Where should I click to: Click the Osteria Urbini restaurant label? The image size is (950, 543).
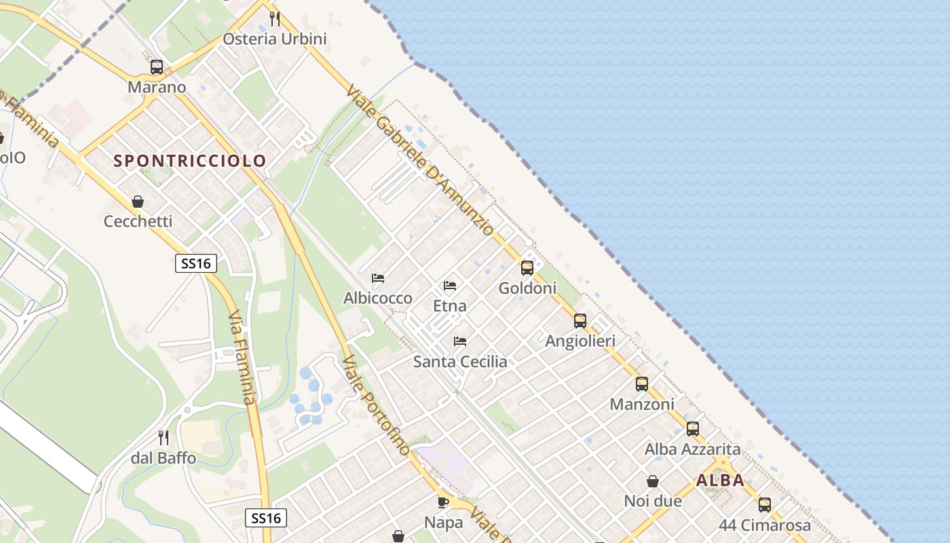(x=275, y=39)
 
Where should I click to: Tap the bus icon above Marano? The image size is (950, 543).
(x=157, y=67)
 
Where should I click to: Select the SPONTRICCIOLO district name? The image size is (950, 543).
(x=190, y=161)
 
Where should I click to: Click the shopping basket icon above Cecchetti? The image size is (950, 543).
(x=138, y=202)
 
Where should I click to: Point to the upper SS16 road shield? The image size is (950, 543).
(x=196, y=263)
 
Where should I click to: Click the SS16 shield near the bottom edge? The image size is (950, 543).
(x=265, y=519)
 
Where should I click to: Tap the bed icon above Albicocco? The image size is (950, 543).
(x=378, y=278)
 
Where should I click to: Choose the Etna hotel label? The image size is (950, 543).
(x=450, y=305)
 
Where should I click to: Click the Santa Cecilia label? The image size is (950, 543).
(x=460, y=361)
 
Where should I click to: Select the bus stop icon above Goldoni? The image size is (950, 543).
(x=527, y=268)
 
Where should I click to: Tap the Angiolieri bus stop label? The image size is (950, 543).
(x=580, y=341)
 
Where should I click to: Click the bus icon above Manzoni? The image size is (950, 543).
(x=642, y=384)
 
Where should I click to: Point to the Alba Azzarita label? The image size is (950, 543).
(x=692, y=449)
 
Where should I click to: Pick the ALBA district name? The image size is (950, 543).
(x=720, y=481)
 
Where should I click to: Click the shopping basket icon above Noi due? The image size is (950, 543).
(x=652, y=481)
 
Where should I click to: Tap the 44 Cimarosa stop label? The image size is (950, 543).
(x=765, y=525)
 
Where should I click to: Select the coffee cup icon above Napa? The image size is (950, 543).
(x=443, y=502)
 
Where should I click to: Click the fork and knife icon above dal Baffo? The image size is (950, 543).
(x=163, y=438)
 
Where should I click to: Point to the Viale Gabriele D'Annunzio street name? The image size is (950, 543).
(x=421, y=160)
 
